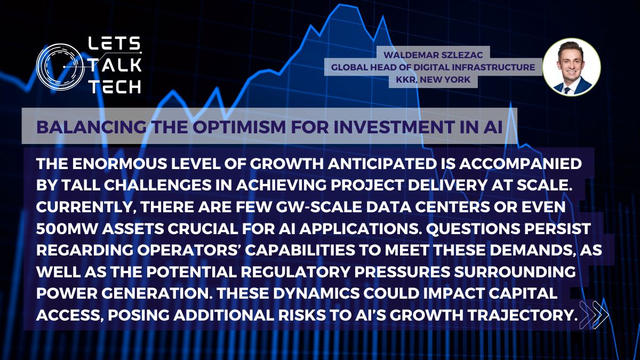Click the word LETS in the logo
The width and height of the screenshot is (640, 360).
[x=114, y=43]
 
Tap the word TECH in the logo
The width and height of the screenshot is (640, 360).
[x=115, y=86]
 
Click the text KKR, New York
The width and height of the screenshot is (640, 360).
[x=433, y=79]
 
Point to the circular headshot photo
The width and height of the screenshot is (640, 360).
[x=571, y=67]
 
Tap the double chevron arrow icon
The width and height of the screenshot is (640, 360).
[x=594, y=315]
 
